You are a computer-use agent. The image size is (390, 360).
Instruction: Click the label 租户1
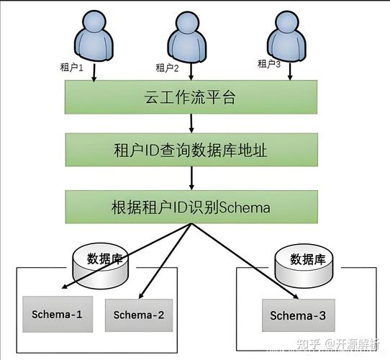[x=72, y=68]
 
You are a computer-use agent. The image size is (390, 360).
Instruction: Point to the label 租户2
[x=167, y=68]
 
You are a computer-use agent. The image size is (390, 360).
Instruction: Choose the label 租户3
[x=270, y=64]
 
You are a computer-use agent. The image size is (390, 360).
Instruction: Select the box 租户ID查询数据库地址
[x=191, y=150]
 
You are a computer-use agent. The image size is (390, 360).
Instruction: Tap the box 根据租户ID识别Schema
[x=191, y=207]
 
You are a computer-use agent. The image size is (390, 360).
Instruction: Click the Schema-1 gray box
[x=58, y=314]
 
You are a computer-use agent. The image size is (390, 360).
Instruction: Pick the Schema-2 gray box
[x=139, y=315]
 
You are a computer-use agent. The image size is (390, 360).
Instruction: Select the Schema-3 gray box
[x=298, y=315]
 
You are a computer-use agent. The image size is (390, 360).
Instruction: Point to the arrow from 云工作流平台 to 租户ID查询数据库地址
[x=191, y=124]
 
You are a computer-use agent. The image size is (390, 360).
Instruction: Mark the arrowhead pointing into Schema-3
[x=294, y=296]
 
